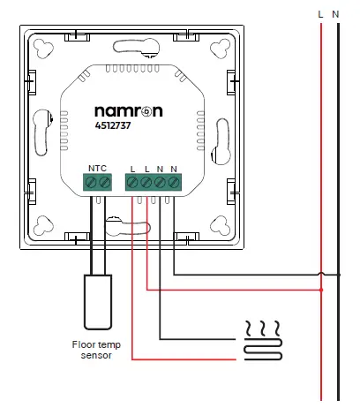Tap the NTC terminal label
pos(97,168)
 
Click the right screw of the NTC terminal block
pos(105,183)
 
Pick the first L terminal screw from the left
pos(132,183)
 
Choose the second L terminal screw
pos(146,183)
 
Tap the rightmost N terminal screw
pos(173,183)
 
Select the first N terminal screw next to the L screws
pos(160,183)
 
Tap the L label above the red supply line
pos(321,13)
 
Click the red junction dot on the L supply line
pos(321,289)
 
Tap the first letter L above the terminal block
pos(132,168)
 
